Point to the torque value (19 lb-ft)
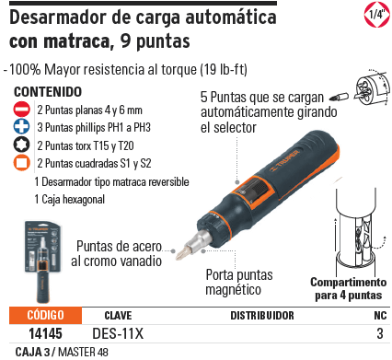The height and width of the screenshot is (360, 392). coord(211,70)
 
